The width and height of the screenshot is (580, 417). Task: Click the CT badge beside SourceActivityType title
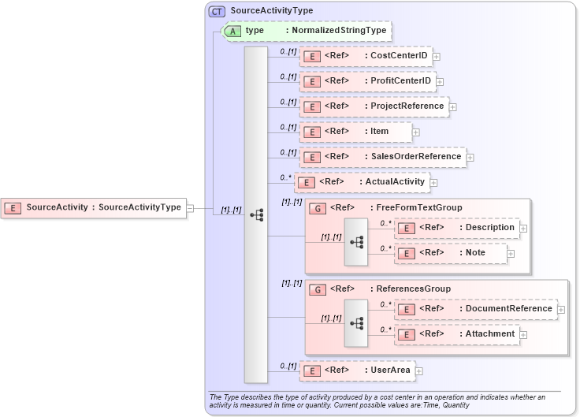coord(217,11)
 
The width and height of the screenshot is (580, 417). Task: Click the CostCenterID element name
coord(399,56)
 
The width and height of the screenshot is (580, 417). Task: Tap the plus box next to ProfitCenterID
coord(440,81)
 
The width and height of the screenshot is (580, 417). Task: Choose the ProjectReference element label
coord(407,106)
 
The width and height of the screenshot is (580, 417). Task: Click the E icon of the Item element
coord(312,132)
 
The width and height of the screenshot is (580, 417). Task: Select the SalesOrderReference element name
coord(415,156)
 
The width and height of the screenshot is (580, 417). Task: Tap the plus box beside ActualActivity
coord(433,182)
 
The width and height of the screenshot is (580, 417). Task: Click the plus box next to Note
coord(511,254)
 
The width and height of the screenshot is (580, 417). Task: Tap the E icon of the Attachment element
coord(406,334)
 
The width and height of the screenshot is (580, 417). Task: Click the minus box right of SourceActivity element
coord(190,208)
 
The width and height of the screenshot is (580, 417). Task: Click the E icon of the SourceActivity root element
coord(13,208)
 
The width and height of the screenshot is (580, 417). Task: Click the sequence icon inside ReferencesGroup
coord(356,323)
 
